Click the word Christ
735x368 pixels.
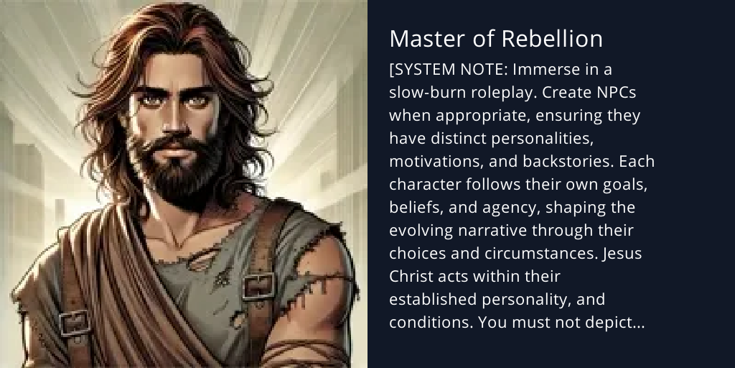click(x=411, y=276)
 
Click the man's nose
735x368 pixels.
click(x=167, y=126)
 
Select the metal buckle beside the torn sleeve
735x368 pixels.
click(x=258, y=287)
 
